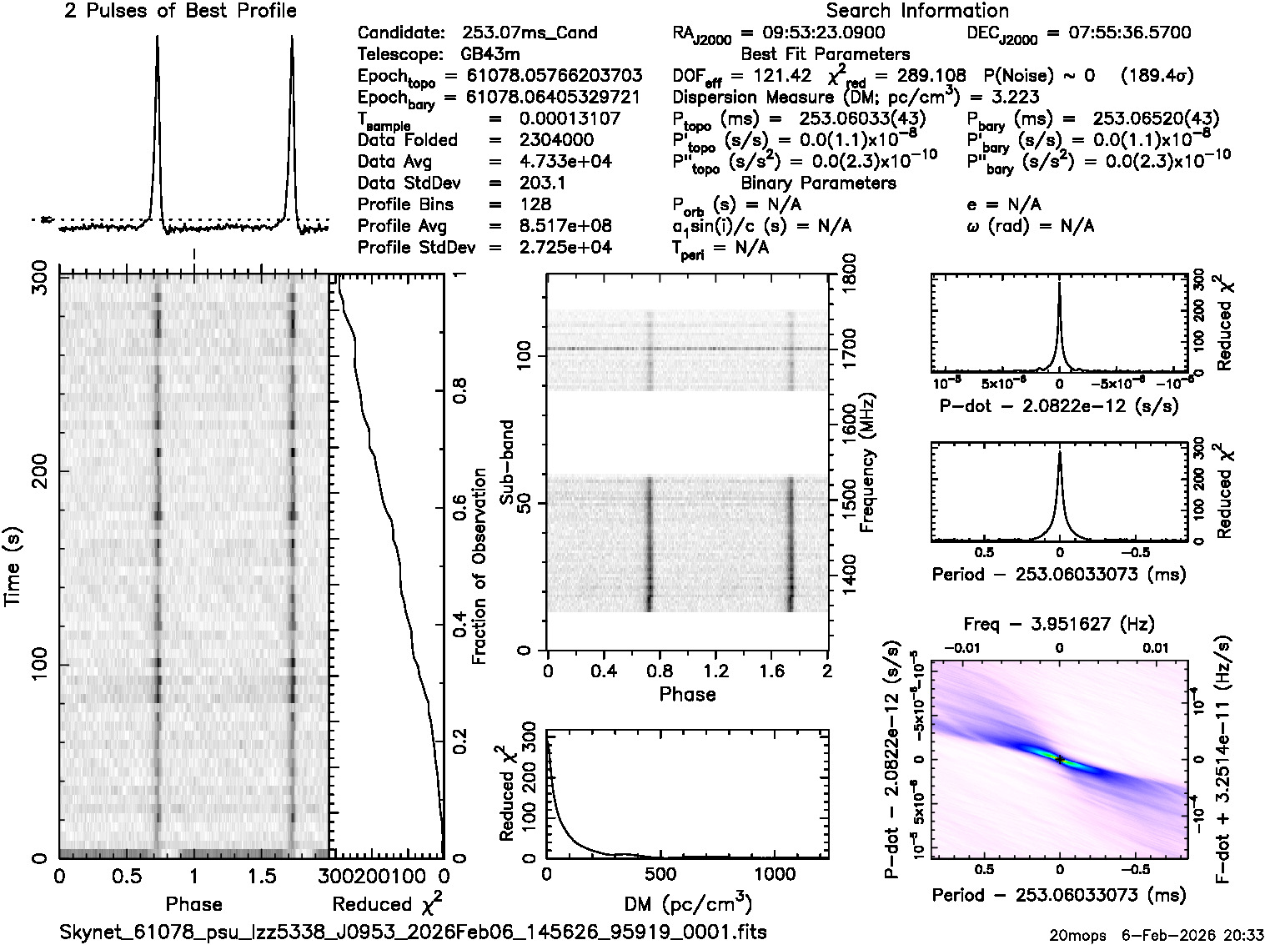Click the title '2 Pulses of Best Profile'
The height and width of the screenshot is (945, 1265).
pos(180,12)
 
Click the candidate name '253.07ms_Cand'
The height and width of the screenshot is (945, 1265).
pos(530,33)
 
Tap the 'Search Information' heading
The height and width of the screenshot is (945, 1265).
pos(916,12)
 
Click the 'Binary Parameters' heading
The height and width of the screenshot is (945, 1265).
pos(818,183)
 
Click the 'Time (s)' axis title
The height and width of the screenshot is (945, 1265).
pos(14,567)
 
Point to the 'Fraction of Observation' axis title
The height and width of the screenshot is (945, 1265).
pos(479,566)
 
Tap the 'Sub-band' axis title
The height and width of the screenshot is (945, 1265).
pos(505,462)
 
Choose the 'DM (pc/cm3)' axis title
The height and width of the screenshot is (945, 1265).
pos(689,904)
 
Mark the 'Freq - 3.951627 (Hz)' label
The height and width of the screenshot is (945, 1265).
pos(1059,624)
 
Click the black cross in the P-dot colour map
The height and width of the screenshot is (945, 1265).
pos(1059,760)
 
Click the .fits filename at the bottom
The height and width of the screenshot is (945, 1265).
pos(414,932)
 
